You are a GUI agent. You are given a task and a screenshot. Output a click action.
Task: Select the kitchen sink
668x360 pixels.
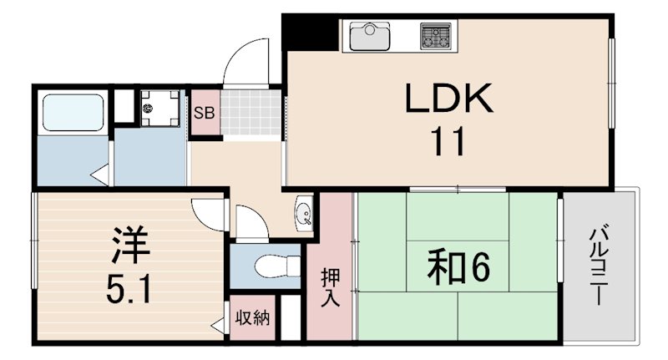coord(368,37)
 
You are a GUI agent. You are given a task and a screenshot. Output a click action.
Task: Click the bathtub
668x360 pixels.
coord(70,112)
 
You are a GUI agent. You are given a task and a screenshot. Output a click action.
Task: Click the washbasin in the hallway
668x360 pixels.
coord(304,212)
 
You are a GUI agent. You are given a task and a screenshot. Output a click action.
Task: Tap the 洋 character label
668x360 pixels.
coord(130,245)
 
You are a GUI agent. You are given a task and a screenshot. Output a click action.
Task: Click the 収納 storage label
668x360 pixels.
coord(251,318)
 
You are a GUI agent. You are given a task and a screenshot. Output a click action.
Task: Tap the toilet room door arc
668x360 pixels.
coord(250,222)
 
